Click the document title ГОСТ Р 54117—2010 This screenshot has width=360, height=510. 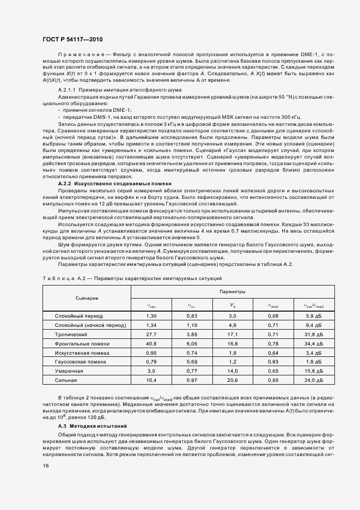72,39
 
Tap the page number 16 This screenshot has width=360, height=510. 46,465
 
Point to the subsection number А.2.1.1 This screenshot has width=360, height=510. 67,89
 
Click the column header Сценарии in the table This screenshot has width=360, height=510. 87,298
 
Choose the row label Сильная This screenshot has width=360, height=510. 66,380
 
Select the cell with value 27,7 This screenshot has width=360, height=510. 152,334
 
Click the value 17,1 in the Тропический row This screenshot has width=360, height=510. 232,334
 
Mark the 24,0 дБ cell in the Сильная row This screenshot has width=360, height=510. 314,380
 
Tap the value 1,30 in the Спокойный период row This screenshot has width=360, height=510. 152,316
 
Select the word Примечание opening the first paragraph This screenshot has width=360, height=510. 78,55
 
